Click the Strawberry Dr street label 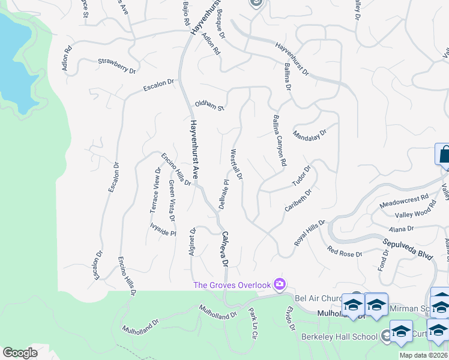click(116, 65)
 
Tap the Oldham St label click(209, 106)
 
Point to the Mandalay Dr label click(310, 133)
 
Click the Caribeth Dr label click(298, 201)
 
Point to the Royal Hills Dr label click(309, 232)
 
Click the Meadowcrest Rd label click(404, 200)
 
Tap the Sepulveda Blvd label click(408, 246)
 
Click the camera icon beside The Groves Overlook click(279, 283)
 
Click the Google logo click(20, 353)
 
